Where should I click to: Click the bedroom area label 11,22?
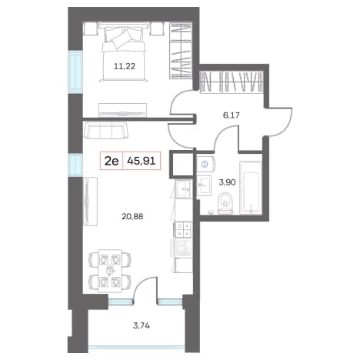pos(125,67)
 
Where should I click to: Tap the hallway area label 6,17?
pos(231,115)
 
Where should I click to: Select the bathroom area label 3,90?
pos(227,182)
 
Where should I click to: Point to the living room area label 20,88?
pos(132,217)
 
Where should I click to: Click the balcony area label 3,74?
pos(142,325)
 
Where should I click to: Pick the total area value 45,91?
pos(142,161)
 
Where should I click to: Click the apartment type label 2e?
pos(112,161)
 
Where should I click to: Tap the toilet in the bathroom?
pos(225,203)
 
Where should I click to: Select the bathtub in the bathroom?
pos(251,188)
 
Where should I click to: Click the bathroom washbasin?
pos(205,185)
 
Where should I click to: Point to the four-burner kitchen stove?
pos(183,229)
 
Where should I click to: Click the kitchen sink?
pos(183,188)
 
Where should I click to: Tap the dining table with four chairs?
pos(110,271)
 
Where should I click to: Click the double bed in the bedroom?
pos(124,52)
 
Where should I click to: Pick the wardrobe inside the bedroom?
pos(181,51)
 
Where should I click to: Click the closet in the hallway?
pos(232,82)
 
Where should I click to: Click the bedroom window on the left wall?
pos(75,72)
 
